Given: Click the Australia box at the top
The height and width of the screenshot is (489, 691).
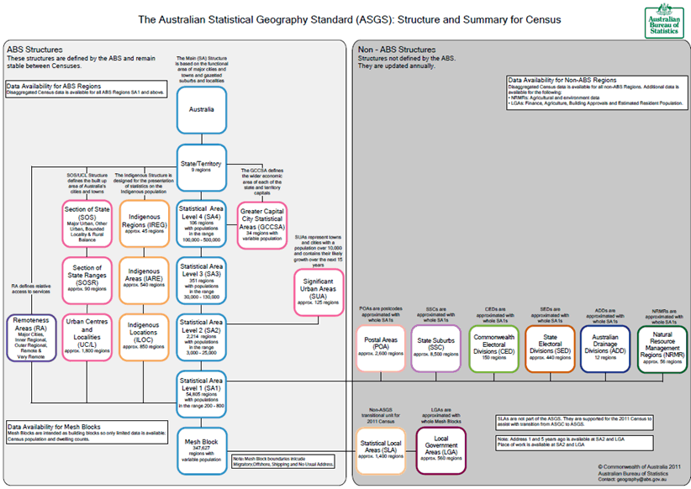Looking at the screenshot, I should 201,109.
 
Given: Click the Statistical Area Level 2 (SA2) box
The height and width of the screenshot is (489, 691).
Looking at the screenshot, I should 201,336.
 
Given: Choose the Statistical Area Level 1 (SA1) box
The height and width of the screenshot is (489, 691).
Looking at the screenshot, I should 201,392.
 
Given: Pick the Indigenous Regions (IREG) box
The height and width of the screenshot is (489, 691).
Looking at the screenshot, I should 145,223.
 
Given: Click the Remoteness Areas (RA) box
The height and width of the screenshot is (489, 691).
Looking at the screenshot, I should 31,337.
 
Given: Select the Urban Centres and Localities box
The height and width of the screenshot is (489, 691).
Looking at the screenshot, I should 87,337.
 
